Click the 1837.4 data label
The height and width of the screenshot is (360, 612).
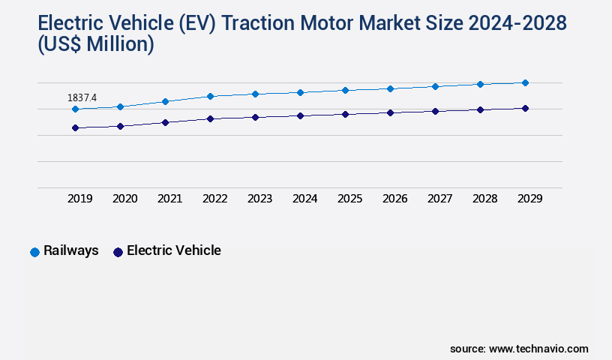(82, 97)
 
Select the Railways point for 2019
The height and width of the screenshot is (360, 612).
(75, 109)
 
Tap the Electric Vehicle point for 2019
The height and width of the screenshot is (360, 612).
(75, 127)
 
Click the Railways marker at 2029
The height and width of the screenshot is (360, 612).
(525, 82)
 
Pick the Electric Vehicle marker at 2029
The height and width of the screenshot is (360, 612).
(525, 108)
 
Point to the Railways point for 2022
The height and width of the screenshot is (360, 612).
(210, 96)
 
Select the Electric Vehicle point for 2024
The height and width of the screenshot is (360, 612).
(300, 115)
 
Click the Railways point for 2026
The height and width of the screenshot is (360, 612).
(390, 88)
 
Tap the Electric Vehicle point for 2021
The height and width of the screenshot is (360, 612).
(165, 122)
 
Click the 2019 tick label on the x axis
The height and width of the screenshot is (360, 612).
(80, 199)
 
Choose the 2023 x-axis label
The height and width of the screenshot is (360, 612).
(260, 199)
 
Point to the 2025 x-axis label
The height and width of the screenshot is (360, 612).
(350, 199)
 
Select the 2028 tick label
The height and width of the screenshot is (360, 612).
(485, 199)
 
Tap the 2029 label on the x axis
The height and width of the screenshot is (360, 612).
(530, 199)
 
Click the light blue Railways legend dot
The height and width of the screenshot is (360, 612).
(34, 252)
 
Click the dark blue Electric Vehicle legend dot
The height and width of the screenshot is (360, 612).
(118, 252)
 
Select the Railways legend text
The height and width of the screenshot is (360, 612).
(71, 250)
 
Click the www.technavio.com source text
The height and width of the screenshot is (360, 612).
(538, 349)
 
